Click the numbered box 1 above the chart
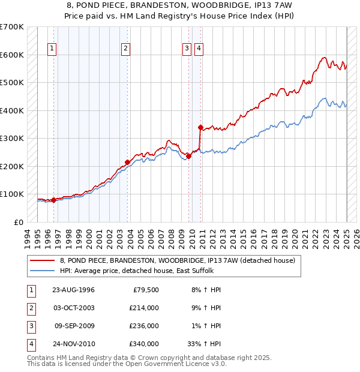[x=52, y=49]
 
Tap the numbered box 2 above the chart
[x=125, y=49]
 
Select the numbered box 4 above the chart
[x=199, y=49]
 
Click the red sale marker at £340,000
[x=200, y=127]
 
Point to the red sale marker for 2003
[x=127, y=162]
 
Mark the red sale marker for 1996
[x=53, y=200]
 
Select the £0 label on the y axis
[x=18, y=222]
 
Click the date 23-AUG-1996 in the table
[x=73, y=290]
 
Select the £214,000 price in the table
[x=144, y=308]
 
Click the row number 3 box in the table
[x=31, y=326]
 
